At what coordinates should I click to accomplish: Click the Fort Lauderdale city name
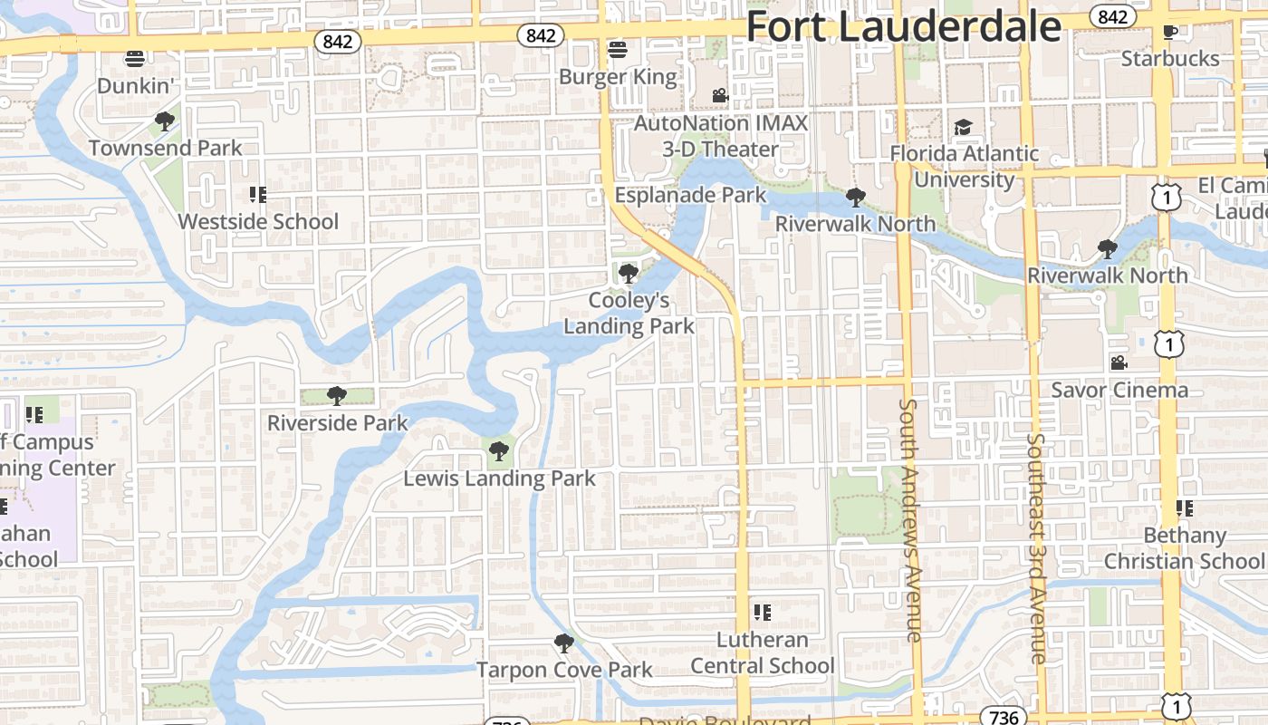(903, 27)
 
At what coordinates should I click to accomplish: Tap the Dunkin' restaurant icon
(135, 59)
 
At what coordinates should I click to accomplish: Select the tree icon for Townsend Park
(164, 121)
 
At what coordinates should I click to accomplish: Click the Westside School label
(258, 221)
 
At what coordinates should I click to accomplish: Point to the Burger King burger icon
(618, 49)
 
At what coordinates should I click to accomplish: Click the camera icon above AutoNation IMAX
(720, 95)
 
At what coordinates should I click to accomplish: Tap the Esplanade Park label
(690, 195)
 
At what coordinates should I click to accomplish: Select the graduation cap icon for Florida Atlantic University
(963, 127)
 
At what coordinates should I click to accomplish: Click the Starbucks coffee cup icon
(1170, 32)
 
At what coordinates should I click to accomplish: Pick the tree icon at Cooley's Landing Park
(628, 273)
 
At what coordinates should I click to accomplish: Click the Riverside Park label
(338, 423)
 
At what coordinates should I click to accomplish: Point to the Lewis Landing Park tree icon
(498, 450)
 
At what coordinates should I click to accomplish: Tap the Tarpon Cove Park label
(564, 670)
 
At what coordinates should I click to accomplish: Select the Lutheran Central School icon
(763, 613)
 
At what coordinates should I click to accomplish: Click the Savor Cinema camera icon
(1119, 362)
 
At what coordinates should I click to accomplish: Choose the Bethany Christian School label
(1183, 548)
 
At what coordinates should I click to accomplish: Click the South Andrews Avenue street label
(913, 520)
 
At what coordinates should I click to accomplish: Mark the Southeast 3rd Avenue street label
(1037, 548)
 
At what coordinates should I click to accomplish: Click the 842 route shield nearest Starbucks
(1113, 16)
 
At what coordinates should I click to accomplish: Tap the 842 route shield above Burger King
(541, 35)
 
